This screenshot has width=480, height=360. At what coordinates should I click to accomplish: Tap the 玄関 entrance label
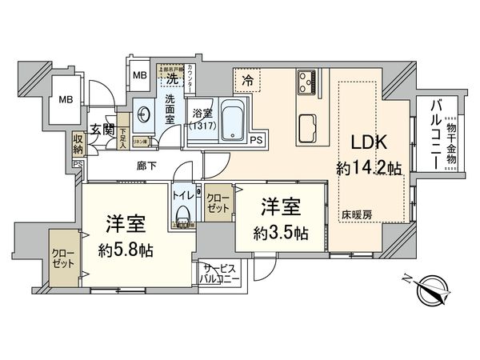[x=101, y=130]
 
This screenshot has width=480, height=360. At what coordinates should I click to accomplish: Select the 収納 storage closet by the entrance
[x=78, y=144]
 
